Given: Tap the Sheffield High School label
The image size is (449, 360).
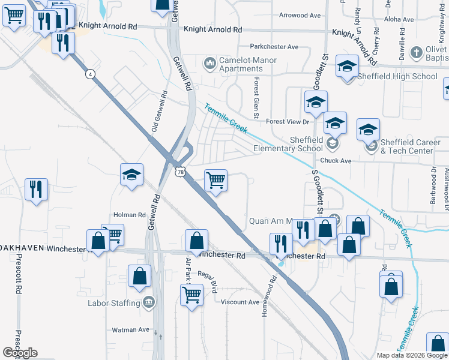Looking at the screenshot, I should point(397,76).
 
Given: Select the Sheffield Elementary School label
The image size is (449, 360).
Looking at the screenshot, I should point(289,144).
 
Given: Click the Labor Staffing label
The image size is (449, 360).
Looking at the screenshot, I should point(114,303).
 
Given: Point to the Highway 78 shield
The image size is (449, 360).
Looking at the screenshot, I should point(181,172).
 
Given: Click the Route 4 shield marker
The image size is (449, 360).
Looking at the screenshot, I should point(90,74).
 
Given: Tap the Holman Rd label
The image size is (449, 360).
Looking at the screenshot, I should point(130,214).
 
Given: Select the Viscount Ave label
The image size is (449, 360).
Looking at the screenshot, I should point(240,302).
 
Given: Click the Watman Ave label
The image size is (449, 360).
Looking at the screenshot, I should point(130,329).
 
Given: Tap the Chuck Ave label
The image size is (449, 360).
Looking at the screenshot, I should point(336,161).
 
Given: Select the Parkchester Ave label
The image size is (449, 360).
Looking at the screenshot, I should point(274,46).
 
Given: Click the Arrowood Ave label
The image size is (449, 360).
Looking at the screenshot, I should point(297,15).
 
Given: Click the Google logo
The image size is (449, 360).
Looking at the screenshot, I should point(20,353).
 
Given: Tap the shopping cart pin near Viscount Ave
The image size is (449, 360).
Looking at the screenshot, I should point(191,294).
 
